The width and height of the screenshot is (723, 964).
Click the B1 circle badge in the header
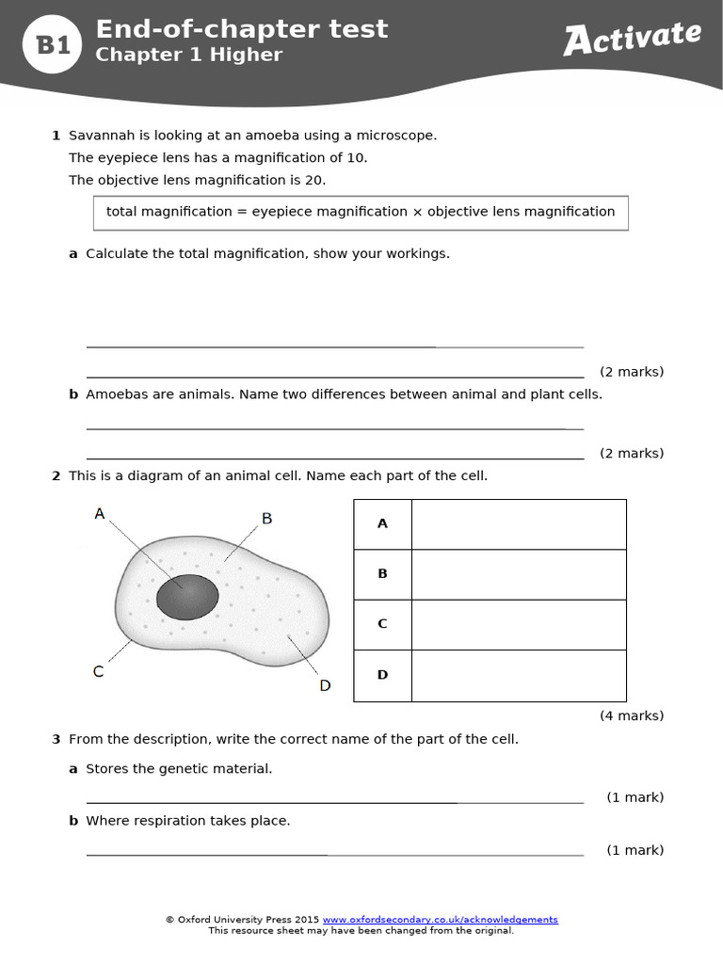coord(54,44)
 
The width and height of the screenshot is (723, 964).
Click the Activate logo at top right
coord(632,38)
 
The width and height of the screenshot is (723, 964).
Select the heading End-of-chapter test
coord(241,29)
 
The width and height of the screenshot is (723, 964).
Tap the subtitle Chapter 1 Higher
coord(188,55)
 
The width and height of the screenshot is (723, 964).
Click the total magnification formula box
coord(361,212)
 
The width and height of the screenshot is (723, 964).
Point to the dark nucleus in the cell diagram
coord(187,597)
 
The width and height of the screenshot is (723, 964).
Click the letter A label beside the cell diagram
coord(100,514)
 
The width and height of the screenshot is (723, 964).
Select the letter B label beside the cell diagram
coord(266,519)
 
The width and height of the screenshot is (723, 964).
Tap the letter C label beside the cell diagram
coord(98,671)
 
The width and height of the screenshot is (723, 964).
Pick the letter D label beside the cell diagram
coord(325,685)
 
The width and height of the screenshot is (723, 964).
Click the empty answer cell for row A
coord(519,524)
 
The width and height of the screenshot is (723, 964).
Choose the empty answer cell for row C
coord(519,624)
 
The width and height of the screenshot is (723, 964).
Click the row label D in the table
coord(382,675)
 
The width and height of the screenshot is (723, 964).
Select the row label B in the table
coord(382,573)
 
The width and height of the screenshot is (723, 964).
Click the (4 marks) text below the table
coord(631,715)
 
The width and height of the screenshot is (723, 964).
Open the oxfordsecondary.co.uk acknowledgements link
coord(440,920)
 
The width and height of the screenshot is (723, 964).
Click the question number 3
coord(56,739)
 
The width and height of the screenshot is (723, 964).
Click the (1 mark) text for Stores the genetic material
coord(635,797)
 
